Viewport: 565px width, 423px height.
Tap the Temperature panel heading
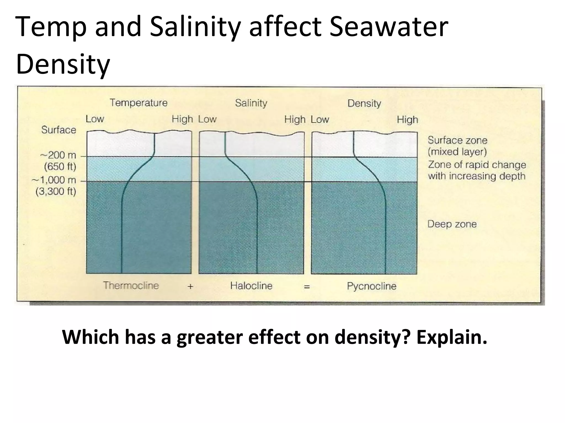point(138,103)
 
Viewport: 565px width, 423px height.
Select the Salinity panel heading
point(251,103)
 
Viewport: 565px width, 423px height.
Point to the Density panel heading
point(364,103)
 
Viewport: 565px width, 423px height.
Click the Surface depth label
point(58,130)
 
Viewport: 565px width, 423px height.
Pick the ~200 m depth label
point(58,155)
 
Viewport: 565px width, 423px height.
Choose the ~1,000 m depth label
point(54,180)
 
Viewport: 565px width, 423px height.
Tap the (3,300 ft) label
point(56,191)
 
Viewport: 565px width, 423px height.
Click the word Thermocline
point(131,285)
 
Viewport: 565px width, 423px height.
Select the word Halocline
point(251,286)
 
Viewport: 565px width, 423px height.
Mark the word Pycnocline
point(372,286)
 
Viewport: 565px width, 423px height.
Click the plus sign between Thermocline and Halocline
point(190,287)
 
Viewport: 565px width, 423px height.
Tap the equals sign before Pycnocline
point(307,287)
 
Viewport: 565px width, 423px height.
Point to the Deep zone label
point(452,224)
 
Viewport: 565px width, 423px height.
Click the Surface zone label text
point(457,140)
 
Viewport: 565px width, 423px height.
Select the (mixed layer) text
point(457,152)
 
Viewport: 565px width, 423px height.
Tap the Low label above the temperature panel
point(95,119)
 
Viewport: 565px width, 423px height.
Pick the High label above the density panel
point(407,120)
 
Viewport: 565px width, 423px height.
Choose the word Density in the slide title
point(63,64)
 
